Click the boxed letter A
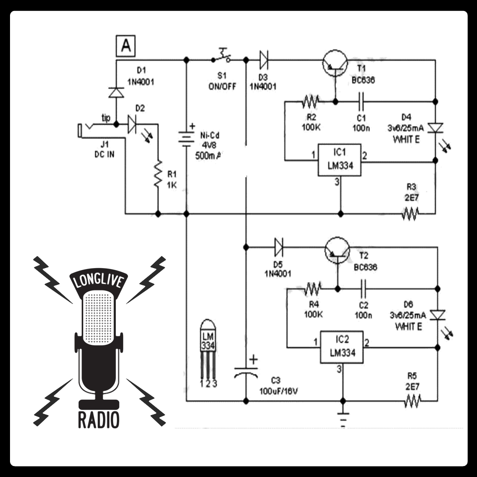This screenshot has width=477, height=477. pyautogui.click(x=125, y=46)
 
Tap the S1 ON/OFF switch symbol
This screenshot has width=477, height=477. pyautogui.click(x=221, y=56)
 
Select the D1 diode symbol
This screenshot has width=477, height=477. pyautogui.click(x=116, y=92)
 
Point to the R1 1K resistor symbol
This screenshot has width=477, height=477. pyautogui.click(x=158, y=174)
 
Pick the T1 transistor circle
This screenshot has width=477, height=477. pyautogui.click(x=335, y=62)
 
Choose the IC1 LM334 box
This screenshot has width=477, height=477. pyautogui.click(x=340, y=160)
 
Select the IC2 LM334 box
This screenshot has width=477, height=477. pyautogui.click(x=342, y=347)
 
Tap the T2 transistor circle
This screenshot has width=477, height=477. pyautogui.click(x=337, y=250)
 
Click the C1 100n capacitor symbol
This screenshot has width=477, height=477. pyautogui.click(x=361, y=101)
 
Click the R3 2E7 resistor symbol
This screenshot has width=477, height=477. pyautogui.click(x=410, y=214)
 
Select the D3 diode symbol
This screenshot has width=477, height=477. pyautogui.click(x=263, y=60)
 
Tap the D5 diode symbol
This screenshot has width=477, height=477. pyautogui.click(x=279, y=247)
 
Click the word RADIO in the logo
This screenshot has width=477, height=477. pyautogui.click(x=99, y=420)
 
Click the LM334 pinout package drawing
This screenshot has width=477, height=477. pyautogui.click(x=208, y=353)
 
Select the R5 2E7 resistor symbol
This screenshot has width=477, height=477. pyautogui.click(x=413, y=401)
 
